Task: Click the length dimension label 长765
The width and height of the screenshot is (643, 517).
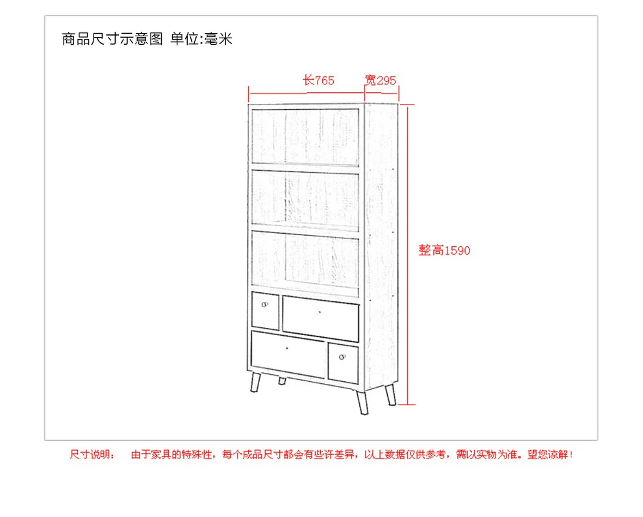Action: click(x=318, y=80)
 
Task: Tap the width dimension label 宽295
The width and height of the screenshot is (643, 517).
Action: click(x=381, y=80)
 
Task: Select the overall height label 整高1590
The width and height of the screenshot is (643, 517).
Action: click(x=444, y=250)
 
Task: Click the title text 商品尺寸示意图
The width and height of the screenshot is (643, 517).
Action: click(x=112, y=39)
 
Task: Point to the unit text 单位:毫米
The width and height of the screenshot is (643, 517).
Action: click(x=201, y=39)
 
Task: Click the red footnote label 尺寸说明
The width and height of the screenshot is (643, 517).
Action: click(x=92, y=454)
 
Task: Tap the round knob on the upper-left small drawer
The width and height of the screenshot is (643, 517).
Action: click(x=264, y=305)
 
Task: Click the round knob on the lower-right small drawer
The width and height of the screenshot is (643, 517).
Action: click(x=342, y=357)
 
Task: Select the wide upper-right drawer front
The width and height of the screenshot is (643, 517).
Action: click(x=321, y=318)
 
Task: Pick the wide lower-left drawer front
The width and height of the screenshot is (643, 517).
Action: click(x=288, y=354)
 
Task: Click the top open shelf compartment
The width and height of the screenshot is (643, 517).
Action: click(x=305, y=137)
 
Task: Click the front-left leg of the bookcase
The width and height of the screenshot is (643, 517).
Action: click(x=255, y=382)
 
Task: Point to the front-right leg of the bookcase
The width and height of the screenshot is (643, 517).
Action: click(x=362, y=402)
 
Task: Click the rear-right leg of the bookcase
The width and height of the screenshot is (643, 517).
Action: click(x=390, y=394)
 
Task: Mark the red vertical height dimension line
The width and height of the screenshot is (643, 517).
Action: click(x=408, y=255)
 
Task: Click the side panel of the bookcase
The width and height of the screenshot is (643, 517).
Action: click(x=381, y=246)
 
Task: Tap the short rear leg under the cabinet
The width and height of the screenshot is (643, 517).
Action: click(x=282, y=381)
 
